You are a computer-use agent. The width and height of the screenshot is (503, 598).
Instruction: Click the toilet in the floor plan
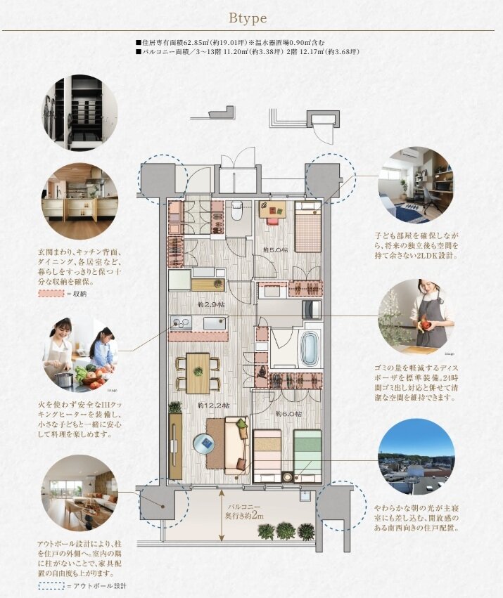pos(237,209)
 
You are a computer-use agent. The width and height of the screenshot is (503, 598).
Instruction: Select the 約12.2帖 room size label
pos(210,405)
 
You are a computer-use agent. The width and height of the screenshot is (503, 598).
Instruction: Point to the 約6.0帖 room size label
pos(288,414)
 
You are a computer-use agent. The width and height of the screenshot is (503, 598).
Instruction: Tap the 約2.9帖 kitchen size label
pos(211,306)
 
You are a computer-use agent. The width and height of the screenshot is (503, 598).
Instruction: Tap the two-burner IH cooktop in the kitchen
pos(179,323)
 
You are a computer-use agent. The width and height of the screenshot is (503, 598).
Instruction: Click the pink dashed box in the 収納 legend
pos(50,292)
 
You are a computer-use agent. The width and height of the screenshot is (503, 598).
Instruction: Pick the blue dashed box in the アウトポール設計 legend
pos(50,585)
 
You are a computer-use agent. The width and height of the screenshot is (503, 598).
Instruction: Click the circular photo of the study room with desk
pos(414,185)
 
